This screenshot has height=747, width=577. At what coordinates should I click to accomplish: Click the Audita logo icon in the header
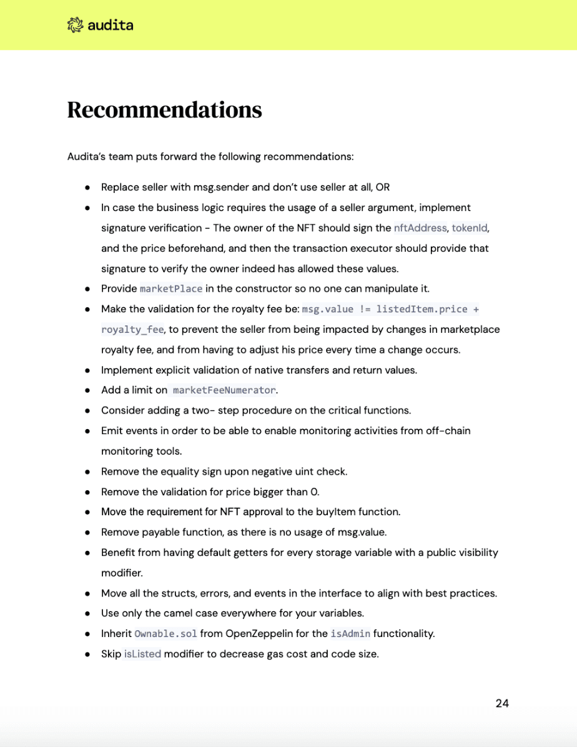[75, 25]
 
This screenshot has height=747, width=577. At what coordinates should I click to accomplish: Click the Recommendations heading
[164, 109]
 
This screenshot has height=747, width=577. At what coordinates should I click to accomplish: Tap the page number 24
[502, 703]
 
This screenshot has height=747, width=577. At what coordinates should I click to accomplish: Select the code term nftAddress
[420, 228]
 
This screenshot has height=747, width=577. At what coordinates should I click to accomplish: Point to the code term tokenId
[469, 228]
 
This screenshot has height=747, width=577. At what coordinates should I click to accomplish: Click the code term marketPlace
[171, 289]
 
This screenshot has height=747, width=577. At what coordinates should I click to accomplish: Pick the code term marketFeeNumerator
[224, 390]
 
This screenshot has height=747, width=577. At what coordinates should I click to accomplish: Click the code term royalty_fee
[132, 329]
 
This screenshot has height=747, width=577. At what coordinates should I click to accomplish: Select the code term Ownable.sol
[166, 634]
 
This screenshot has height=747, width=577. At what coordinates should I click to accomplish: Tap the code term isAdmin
[350, 634]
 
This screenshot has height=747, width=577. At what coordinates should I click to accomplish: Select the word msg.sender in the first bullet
[205, 187]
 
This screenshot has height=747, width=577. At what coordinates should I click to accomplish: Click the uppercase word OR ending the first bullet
[383, 187]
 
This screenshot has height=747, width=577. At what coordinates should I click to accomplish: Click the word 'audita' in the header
[111, 25]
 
